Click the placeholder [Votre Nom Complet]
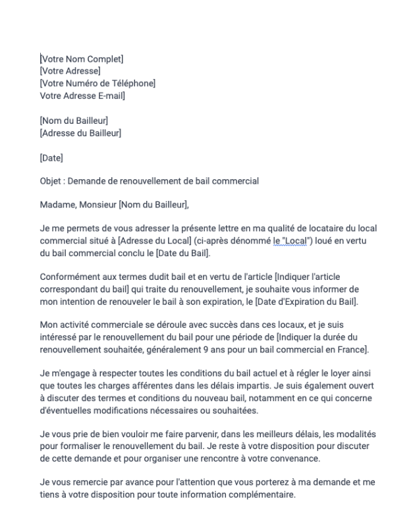pyautogui.click(x=82, y=59)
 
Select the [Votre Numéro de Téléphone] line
pyautogui.click(x=97, y=84)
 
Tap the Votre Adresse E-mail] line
pyautogui.click(x=82, y=95)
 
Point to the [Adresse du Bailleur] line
pyautogui.click(x=80, y=133)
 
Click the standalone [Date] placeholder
pyautogui.click(x=51, y=157)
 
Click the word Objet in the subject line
pyautogui.click(x=50, y=181)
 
